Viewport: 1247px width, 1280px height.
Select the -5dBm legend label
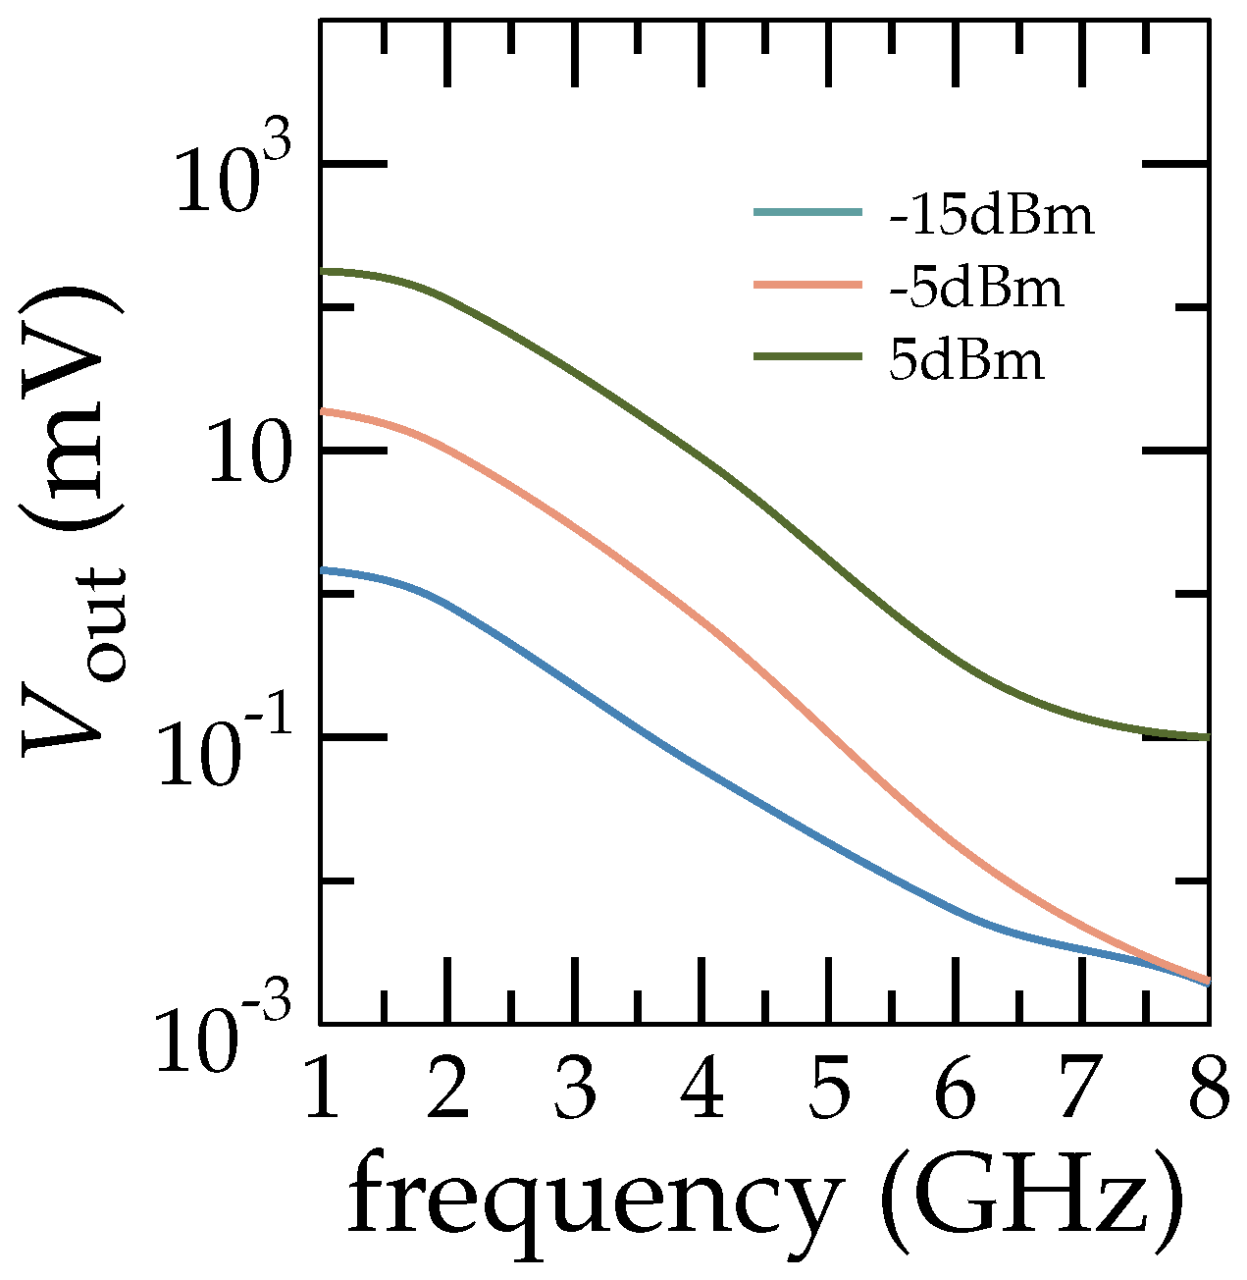click(x=976, y=289)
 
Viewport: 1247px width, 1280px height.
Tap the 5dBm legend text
click(x=966, y=361)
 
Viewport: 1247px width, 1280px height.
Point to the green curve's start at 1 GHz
click(x=323, y=271)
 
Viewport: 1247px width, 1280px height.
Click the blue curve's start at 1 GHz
click(x=323, y=569)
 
